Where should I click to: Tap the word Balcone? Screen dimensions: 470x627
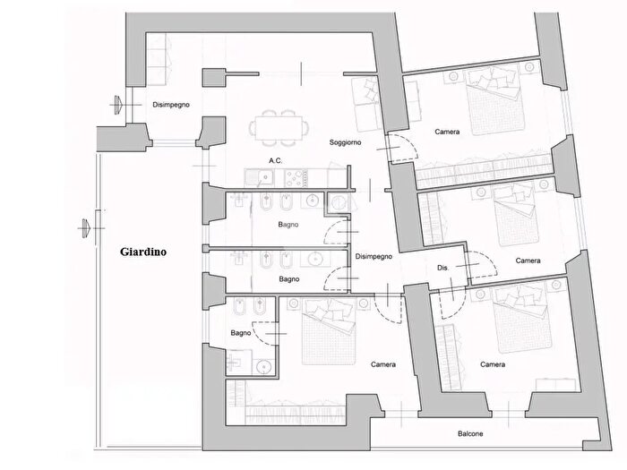(468, 434)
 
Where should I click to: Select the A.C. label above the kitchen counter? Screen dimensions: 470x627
(277, 161)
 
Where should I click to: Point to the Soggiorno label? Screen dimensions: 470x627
(346, 142)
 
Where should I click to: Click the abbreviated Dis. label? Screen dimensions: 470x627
(443, 267)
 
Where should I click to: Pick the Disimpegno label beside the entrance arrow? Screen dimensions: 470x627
(171, 105)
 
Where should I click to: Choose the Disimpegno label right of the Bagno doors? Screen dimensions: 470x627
(374, 257)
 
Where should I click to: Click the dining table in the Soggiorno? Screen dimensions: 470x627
(277, 126)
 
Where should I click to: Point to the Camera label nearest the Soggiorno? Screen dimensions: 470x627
(448, 132)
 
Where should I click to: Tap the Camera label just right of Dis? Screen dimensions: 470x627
(528, 261)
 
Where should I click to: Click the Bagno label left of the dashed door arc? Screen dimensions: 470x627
(240, 333)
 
